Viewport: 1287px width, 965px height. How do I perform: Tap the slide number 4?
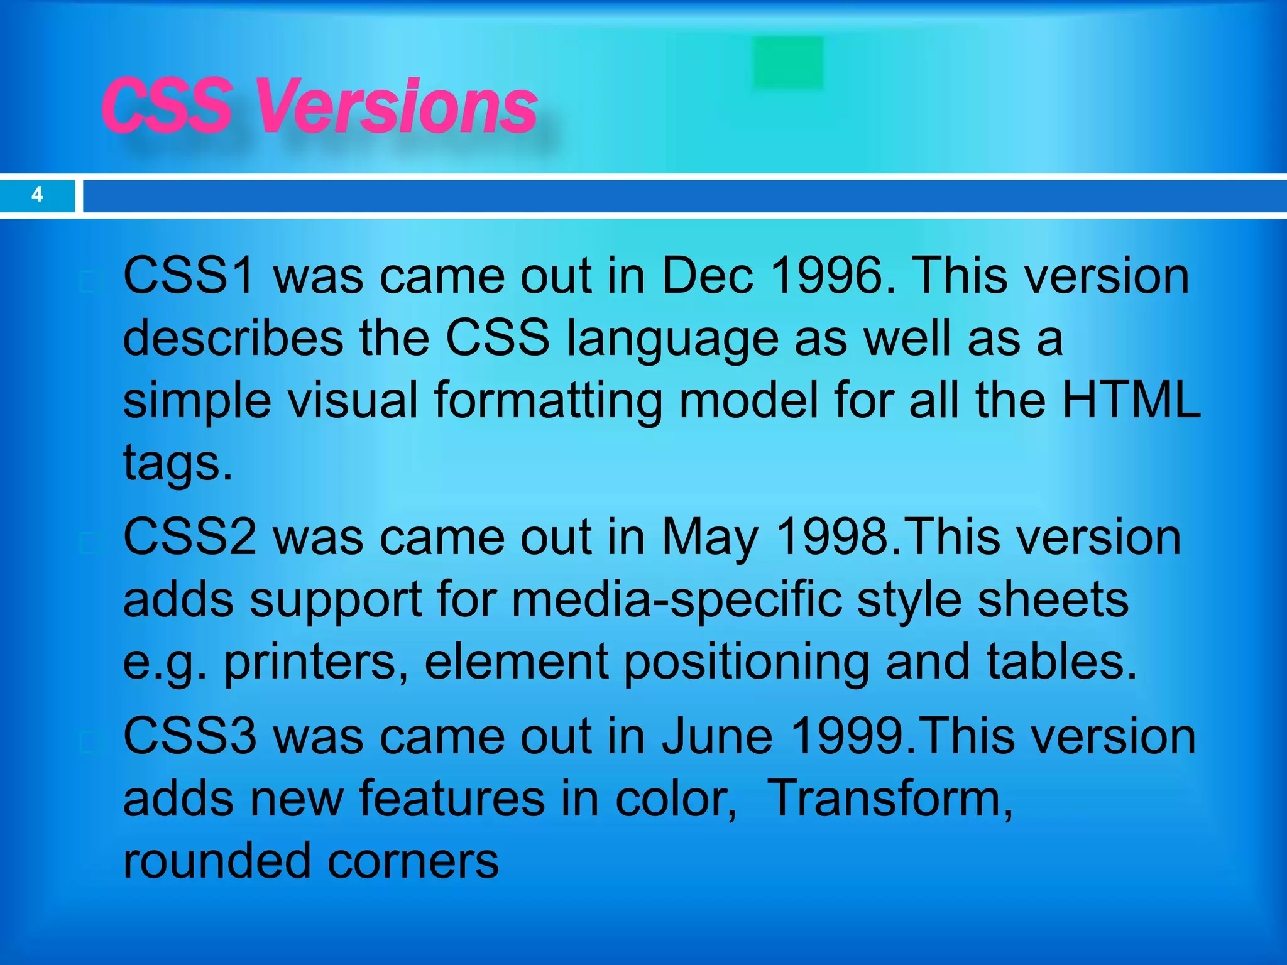tap(37, 195)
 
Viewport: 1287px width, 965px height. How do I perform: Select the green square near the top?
tap(787, 62)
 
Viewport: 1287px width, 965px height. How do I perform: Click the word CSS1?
tap(189, 276)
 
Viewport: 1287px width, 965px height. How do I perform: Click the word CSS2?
tap(189, 538)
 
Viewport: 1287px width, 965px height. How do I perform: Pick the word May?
tap(710, 538)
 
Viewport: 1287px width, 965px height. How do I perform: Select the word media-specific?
tap(676, 600)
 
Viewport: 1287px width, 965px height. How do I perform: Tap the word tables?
tap(1061, 662)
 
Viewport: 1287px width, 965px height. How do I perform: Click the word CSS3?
tap(189, 736)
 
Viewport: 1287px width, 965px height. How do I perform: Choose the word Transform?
tap(890, 799)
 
